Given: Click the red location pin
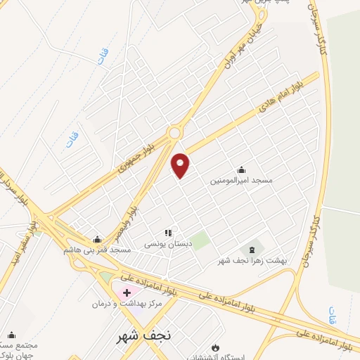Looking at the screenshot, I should [181, 165].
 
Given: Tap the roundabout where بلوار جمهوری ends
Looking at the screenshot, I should [174, 131].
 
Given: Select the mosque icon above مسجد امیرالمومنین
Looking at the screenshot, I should [241, 169].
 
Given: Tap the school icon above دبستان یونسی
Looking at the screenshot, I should [168, 233].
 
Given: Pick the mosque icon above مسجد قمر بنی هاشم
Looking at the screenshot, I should [97, 239].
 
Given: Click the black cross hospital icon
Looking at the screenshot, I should [127, 292].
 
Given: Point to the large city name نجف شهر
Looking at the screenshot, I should [143, 335].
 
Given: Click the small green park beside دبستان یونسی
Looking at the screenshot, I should [201, 240].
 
